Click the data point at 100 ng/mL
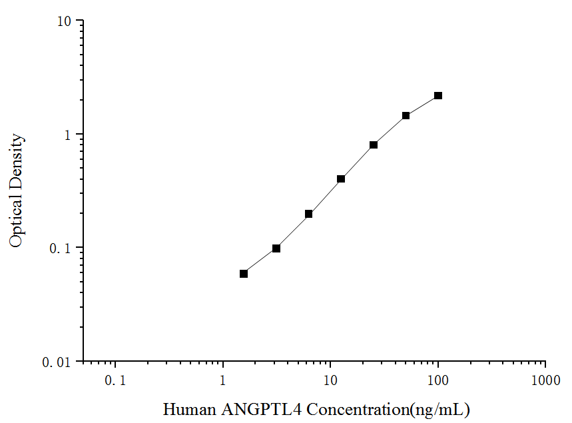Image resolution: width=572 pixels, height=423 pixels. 438,96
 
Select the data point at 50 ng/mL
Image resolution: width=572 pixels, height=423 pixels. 406,115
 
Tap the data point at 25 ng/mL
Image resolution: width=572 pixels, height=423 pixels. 374,145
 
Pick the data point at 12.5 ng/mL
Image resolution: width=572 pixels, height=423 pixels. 341,179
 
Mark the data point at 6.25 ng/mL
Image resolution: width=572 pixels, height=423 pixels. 308,214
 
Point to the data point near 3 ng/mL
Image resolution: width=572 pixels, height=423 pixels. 276,248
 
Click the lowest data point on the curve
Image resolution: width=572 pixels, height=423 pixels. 244,274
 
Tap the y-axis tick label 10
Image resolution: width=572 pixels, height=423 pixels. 64,21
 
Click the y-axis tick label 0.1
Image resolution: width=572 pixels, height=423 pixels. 61,248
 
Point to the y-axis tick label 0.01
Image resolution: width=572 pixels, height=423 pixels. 58,362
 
